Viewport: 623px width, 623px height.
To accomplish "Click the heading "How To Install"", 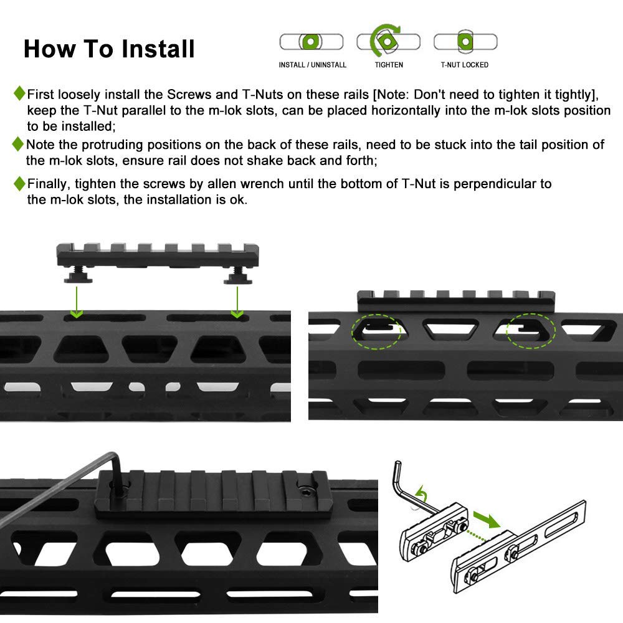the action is pos(109,49).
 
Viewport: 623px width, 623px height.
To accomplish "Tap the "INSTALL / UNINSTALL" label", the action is pos(312,65).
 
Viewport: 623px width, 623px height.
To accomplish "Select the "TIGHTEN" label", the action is pos(389,65).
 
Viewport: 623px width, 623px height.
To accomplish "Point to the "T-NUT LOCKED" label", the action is pos(465,65).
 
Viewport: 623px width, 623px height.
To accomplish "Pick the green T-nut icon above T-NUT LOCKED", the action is pos(465,41).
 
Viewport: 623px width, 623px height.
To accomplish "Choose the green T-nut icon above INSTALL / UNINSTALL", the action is pos(310,41).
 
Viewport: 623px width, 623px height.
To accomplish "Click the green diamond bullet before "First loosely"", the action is pos(19,93).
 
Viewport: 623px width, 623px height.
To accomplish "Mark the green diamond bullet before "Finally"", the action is pos(19,184).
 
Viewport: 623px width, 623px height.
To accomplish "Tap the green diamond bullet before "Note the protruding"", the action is pos(18,144).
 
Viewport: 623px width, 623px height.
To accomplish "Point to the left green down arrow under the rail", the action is pos(77,302).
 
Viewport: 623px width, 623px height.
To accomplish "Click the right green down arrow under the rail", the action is pos(237,302).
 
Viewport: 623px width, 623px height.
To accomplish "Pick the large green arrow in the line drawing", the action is pos(487,520).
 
